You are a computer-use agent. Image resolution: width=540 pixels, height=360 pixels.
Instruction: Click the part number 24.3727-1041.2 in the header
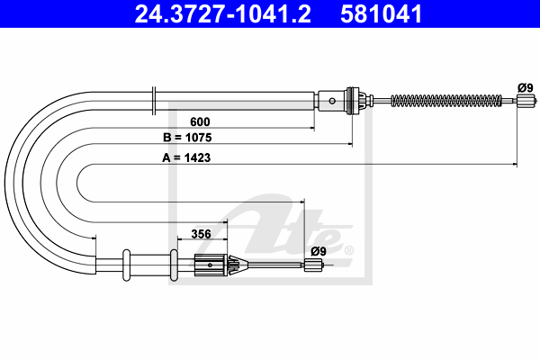pos(223,13)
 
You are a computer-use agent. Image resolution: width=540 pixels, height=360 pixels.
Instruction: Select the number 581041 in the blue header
pos(382,13)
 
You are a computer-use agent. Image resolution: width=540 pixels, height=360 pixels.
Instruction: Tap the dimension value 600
pos(200,121)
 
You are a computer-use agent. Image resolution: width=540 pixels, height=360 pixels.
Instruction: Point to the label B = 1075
pos(187,138)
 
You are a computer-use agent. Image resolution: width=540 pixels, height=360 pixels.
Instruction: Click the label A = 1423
pos(186,157)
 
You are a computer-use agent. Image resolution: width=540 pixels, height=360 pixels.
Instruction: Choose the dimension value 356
pos(201,234)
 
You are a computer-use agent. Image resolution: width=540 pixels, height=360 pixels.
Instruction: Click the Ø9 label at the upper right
pos(526,87)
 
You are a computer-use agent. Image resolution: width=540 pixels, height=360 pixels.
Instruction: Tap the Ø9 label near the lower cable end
pos(319,251)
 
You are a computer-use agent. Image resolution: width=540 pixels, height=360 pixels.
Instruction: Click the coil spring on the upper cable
pos(446,101)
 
